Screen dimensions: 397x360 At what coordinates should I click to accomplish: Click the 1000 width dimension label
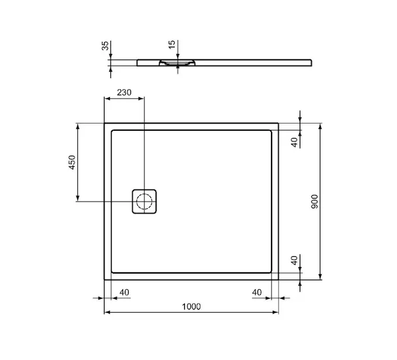coord(192,307)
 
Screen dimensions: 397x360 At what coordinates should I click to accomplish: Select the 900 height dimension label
coord(314,202)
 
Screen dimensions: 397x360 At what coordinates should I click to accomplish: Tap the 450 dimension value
coord(72,162)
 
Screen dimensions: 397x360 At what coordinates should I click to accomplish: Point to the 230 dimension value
coord(124,92)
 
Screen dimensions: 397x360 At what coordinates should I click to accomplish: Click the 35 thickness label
coord(105,46)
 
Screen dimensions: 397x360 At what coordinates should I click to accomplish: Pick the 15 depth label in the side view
coord(172,44)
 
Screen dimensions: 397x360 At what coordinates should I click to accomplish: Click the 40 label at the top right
coord(294,142)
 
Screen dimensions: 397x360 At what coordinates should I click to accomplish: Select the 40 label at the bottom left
coord(124,292)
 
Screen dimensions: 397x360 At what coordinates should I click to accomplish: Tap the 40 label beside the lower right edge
coord(294,260)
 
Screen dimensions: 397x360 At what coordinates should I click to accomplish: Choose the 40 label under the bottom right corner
coord(256,292)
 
